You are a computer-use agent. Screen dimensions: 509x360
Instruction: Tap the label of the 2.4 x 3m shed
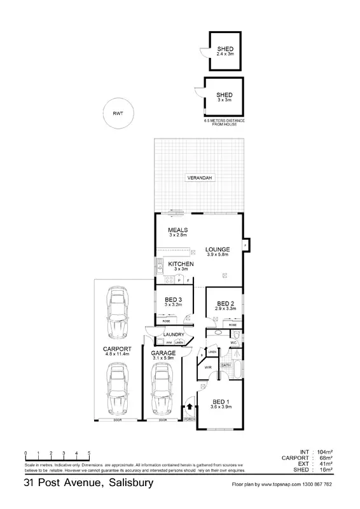(x=225, y=49)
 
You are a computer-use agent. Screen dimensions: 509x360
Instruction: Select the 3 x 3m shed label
(x=224, y=95)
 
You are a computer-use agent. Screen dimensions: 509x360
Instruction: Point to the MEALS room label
(x=177, y=230)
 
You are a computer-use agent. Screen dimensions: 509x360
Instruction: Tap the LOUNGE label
(x=218, y=249)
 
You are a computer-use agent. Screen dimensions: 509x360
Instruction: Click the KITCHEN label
(x=181, y=263)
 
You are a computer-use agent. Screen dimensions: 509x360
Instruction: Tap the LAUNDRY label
(x=174, y=335)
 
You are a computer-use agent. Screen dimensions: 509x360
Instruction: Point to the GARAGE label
(x=163, y=352)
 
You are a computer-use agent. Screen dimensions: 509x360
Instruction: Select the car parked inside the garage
(x=163, y=388)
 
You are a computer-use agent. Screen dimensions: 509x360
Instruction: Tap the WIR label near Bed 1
(x=208, y=368)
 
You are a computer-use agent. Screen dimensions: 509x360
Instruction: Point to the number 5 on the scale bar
(x=89, y=453)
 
